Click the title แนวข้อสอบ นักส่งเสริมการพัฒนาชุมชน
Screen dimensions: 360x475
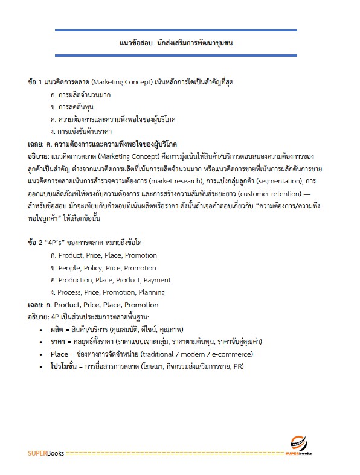coord(176,43)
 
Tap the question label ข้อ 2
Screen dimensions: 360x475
coord(35,243)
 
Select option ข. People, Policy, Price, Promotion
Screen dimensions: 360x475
coord(103,268)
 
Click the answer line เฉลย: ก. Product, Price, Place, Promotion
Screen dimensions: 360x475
coord(93,305)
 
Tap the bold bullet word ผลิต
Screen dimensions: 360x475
coord(59,330)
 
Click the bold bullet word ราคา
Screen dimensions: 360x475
coord(60,342)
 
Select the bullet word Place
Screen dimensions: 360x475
coord(60,354)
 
